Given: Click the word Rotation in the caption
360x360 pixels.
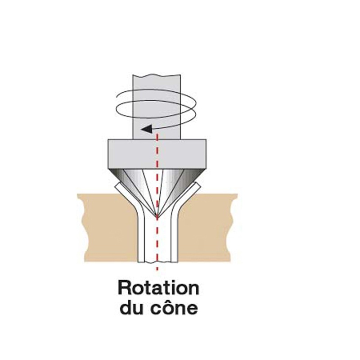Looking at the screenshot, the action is pos(158,288).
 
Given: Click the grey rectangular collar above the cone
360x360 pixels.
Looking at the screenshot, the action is pos(157,153).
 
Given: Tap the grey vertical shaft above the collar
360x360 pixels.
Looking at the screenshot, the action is pos(157,107).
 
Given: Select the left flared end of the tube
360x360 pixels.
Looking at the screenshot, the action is pos(125,193).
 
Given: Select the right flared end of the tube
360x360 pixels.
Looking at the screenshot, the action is pos(190,193).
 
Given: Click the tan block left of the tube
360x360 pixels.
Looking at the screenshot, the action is pos(108,228).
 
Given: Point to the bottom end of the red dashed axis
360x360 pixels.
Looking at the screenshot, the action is pos(157,270).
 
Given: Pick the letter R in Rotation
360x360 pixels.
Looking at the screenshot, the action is pos(124,288).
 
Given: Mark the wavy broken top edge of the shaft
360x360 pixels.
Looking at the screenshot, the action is pos(157,75).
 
